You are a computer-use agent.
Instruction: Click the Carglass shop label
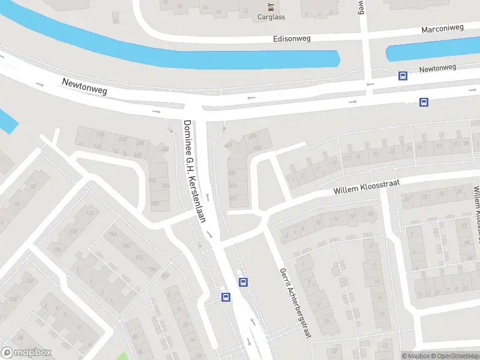click(271, 18)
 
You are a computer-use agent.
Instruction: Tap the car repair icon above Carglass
click(271, 8)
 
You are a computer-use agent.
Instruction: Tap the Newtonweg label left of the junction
click(84, 86)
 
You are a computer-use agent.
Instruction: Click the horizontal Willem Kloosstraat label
click(366, 186)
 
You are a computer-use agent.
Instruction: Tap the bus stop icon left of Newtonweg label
click(403, 76)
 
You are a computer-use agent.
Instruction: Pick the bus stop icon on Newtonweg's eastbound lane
click(424, 102)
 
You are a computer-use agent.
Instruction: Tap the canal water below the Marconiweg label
click(432, 50)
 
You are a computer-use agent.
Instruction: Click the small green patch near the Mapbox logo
click(123, 355)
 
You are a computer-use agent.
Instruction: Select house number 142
click(91, 214)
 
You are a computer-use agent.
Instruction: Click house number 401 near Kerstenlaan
click(228, 145)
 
